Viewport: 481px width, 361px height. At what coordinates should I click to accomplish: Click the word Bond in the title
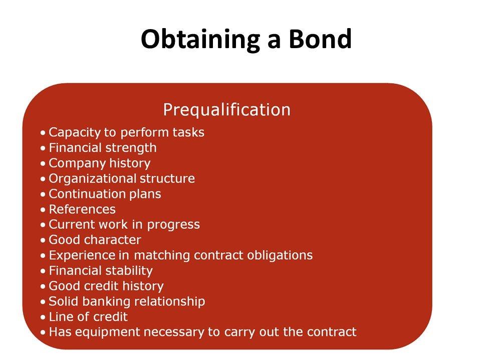(320, 39)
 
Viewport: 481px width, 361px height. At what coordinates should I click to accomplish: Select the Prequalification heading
(226, 110)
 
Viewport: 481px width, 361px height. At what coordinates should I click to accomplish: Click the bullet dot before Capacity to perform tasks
(43, 133)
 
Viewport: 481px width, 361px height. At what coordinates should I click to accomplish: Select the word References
(82, 210)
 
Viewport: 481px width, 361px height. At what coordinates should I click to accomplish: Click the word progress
(173, 225)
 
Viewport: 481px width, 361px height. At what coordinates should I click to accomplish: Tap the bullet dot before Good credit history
(43, 286)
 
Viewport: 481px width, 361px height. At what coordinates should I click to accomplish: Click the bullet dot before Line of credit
(43, 317)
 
